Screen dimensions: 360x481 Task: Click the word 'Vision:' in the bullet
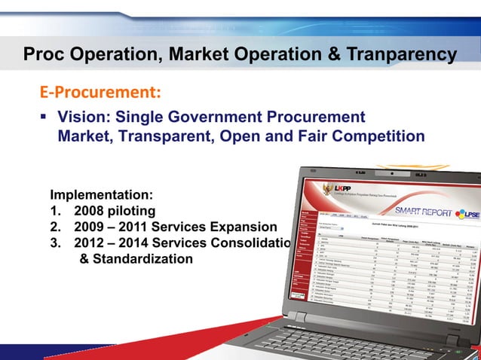(85, 117)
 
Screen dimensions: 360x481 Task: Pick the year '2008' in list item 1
(91, 210)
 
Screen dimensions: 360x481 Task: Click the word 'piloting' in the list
(133, 210)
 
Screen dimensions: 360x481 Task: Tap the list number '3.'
(57, 243)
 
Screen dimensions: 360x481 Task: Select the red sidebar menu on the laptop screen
(306, 249)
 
